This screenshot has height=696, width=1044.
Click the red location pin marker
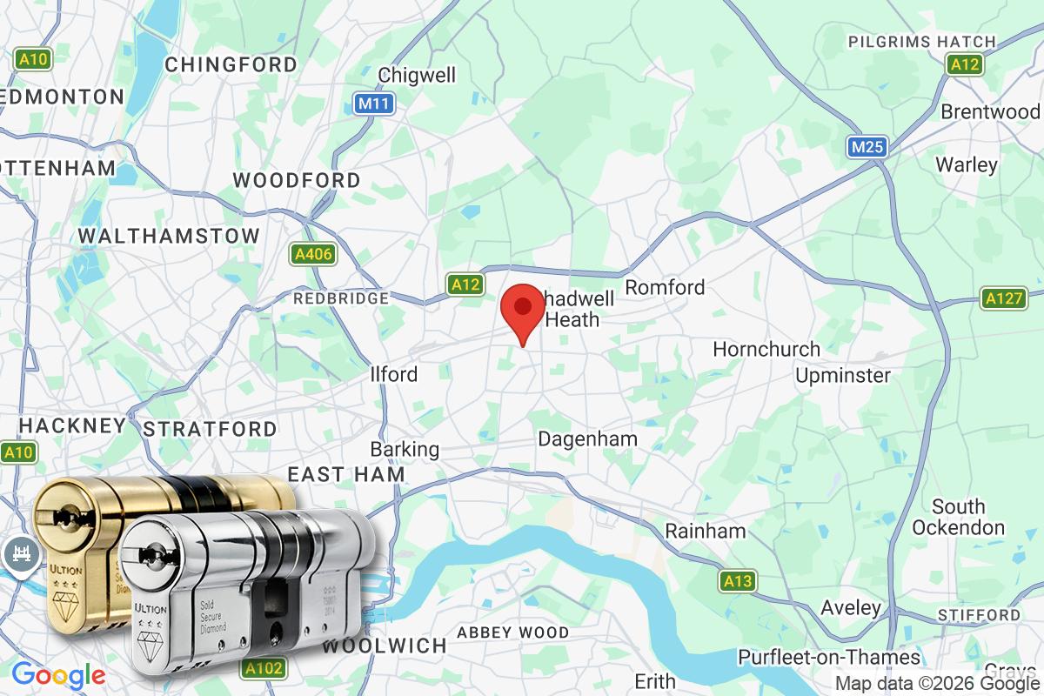(x=523, y=310)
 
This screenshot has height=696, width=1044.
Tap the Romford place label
(x=665, y=287)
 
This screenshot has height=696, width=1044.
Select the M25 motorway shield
(x=867, y=147)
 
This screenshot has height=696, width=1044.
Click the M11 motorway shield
(x=375, y=104)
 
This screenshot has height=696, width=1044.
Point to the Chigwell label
(x=417, y=75)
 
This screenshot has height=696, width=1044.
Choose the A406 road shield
(x=311, y=254)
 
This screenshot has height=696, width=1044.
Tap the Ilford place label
(x=394, y=374)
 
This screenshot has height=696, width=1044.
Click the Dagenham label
(x=587, y=438)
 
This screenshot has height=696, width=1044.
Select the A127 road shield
(x=1003, y=298)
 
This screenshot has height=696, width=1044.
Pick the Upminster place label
(x=843, y=375)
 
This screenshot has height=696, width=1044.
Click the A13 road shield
(x=738, y=580)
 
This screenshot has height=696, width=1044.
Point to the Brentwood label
(x=990, y=111)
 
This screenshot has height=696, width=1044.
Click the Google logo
(x=58, y=674)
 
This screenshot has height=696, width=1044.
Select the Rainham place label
(x=705, y=530)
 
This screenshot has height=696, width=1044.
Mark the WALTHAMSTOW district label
(x=169, y=236)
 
